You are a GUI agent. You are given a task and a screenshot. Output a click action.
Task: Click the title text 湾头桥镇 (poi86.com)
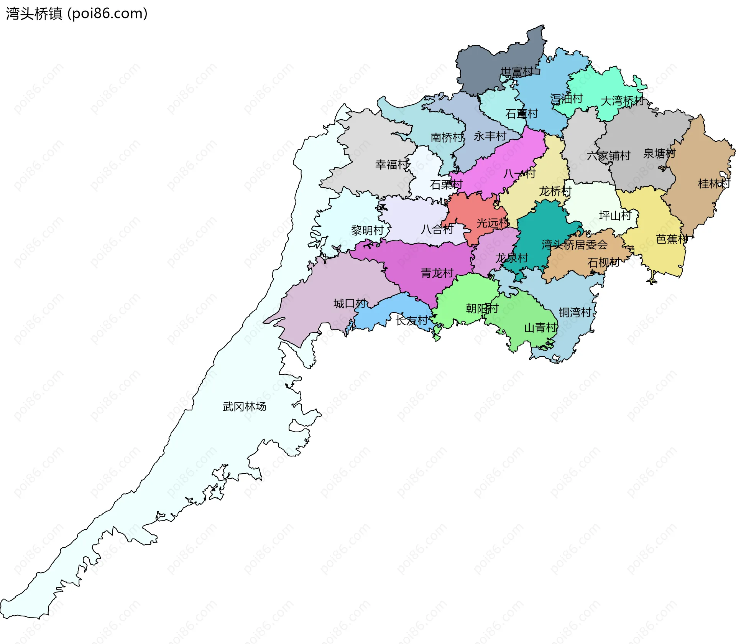77,14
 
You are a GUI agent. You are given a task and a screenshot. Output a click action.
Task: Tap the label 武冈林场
244,407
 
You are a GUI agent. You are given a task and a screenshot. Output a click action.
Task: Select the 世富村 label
516,72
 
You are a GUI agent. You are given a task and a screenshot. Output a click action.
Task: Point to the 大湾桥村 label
622,101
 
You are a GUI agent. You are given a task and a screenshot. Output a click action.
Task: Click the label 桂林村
714,184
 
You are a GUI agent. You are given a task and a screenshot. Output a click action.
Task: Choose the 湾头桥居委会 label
574,244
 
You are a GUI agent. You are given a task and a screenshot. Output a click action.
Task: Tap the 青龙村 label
437,273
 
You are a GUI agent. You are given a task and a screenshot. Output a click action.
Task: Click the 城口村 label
350,303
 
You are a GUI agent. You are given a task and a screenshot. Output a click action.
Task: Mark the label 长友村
412,320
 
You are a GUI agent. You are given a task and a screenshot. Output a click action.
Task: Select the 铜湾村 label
575,312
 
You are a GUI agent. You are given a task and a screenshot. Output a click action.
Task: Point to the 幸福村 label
391,165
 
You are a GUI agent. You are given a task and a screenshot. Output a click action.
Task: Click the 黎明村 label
367,230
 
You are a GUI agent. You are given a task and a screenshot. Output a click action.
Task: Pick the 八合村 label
437,229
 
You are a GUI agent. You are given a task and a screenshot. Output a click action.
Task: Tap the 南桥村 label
447,137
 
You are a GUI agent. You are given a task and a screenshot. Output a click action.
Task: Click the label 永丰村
490,136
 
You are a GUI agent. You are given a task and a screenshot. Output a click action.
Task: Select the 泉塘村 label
659,153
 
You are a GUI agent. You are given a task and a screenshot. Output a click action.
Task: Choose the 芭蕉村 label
672,239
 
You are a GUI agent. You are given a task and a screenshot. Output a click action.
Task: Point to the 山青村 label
540,328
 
